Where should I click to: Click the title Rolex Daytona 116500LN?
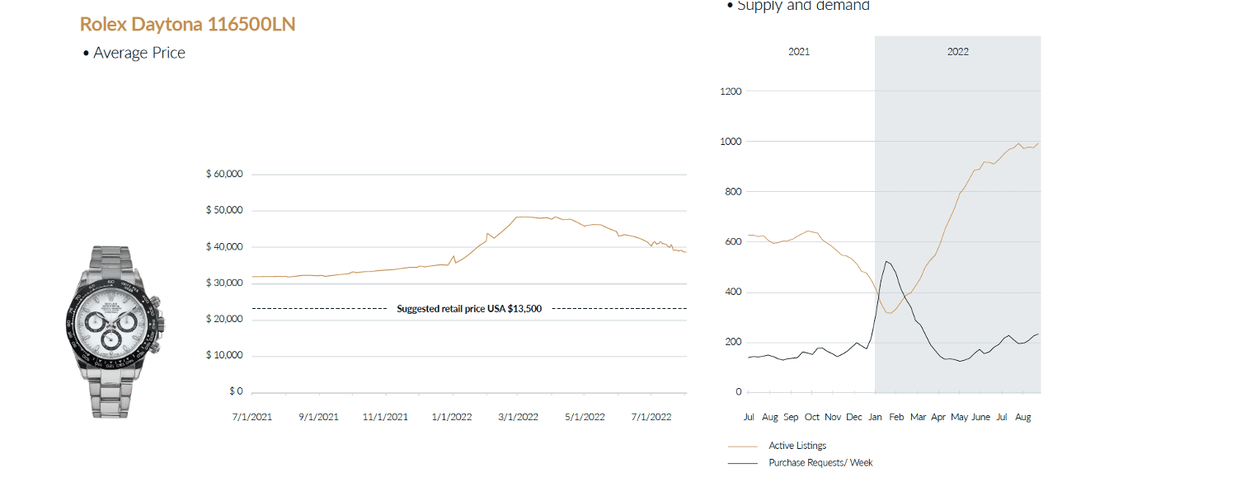point(187,25)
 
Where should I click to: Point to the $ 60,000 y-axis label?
point(224,175)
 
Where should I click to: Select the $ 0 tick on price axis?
point(236,391)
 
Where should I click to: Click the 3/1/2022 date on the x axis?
point(517,417)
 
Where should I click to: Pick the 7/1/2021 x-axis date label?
point(253,417)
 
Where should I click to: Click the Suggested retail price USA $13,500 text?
point(468,309)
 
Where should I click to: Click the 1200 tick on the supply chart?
point(731,91)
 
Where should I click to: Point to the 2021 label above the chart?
point(798,51)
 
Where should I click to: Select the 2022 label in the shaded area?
point(957,51)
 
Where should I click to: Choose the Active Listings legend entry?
point(797,446)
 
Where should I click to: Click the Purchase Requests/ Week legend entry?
point(820,463)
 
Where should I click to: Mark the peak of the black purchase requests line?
point(886,261)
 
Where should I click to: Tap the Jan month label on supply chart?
point(875,418)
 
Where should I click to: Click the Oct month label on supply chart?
point(812,418)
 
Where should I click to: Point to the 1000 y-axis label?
point(731,142)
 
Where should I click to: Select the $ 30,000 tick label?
point(224,283)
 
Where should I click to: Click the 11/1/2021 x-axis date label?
point(385,417)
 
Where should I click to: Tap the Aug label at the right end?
point(1022,418)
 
